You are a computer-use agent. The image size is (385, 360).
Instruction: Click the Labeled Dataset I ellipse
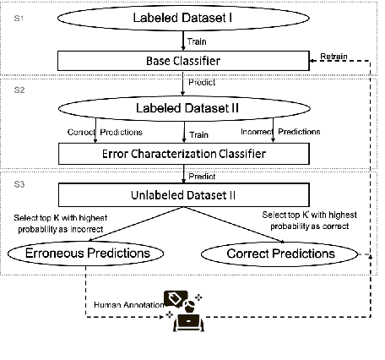pos(182,19)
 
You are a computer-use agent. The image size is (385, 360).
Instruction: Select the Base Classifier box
pos(182,60)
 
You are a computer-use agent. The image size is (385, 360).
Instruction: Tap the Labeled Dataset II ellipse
pos(182,109)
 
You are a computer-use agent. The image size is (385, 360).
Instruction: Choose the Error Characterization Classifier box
pos(182,154)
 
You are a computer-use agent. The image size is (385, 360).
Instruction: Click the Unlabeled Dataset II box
pos(182,196)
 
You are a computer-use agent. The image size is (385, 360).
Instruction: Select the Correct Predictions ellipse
pos(280,254)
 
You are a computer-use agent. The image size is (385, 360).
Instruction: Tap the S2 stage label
pos(15,88)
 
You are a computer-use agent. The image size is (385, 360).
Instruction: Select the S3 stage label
pos(15,183)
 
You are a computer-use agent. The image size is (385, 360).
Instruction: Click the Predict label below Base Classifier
pos(203,84)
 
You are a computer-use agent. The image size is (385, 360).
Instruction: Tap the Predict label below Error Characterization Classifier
pos(203,177)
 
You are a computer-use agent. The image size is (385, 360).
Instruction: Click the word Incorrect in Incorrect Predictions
pos(256,131)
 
